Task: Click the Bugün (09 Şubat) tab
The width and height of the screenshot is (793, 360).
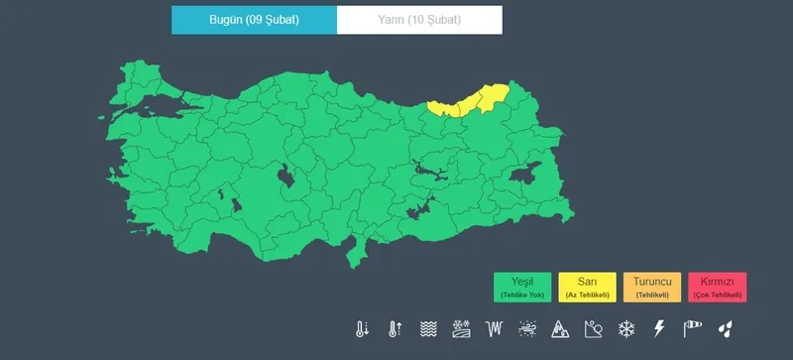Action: [x=254, y=20]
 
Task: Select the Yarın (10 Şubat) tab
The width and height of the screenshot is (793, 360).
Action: [x=419, y=20]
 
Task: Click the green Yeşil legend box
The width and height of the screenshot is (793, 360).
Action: [x=521, y=287]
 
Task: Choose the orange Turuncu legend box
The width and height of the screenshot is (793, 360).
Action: [x=651, y=287]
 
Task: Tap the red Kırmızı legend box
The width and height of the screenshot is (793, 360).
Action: [x=717, y=287]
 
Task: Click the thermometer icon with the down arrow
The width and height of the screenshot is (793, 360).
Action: [x=362, y=329]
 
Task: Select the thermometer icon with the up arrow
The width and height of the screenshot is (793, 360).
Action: [x=395, y=329]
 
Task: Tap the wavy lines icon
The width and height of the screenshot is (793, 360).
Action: [x=428, y=329]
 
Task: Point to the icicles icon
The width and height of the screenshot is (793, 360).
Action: [x=495, y=329]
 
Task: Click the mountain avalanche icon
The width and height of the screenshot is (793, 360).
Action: [x=561, y=329]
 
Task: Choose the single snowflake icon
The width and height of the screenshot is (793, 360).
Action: [x=626, y=329]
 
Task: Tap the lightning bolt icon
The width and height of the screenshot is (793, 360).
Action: [x=659, y=329]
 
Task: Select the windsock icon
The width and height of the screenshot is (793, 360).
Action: [x=692, y=329]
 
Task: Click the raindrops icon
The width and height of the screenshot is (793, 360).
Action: [x=727, y=329]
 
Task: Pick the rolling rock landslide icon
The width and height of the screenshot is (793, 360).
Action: [x=594, y=329]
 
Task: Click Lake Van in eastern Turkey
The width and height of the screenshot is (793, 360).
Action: [x=526, y=175]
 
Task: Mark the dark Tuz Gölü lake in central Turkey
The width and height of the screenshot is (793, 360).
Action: [x=286, y=178]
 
